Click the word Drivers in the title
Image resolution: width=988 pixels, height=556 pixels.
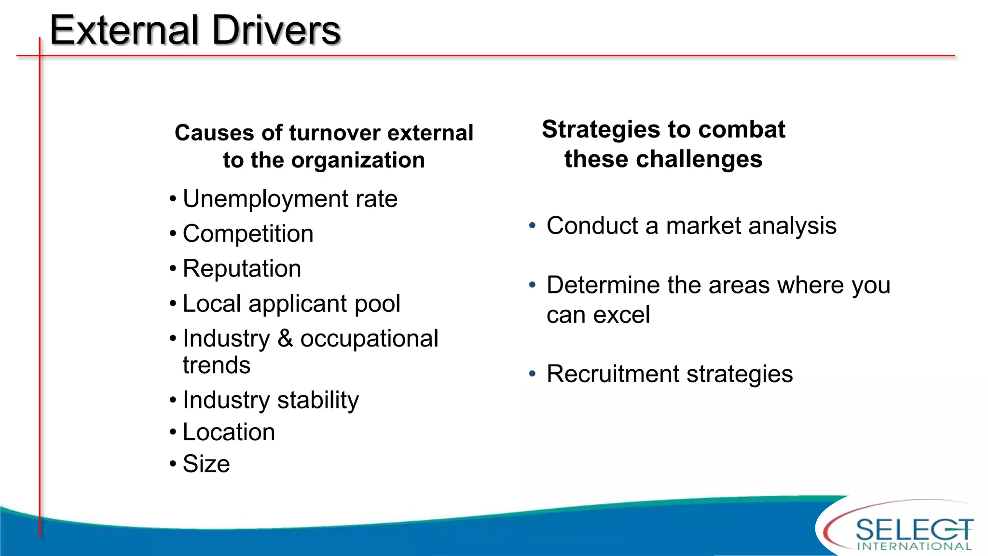[x=276, y=30]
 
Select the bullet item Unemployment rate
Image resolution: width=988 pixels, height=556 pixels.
[x=290, y=199]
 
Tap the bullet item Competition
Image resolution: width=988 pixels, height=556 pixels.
[x=248, y=234]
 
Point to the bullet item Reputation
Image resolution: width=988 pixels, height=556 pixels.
[x=242, y=269]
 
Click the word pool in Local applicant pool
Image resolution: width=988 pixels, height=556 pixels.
[x=377, y=304]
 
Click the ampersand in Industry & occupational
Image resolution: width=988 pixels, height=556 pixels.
[x=285, y=338]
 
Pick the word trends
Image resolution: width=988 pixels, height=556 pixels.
[x=217, y=365]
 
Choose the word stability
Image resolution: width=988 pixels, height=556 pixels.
[x=318, y=400]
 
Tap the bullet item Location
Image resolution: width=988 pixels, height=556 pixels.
[x=229, y=432]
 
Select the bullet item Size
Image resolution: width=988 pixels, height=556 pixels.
[x=206, y=464]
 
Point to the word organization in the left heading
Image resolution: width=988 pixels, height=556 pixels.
[x=357, y=160]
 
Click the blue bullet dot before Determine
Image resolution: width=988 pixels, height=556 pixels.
[x=532, y=285]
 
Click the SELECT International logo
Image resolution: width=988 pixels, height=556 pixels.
[x=907, y=531]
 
